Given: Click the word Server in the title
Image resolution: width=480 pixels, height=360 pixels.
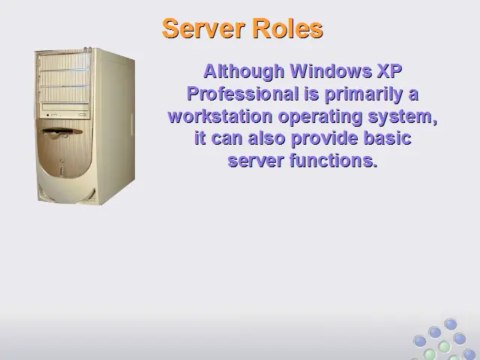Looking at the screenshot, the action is [x=203, y=28].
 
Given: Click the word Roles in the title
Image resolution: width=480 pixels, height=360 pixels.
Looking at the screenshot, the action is [x=288, y=28].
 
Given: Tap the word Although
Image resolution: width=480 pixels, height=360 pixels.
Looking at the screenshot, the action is [x=244, y=72].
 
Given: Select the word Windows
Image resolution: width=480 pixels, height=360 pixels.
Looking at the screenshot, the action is [x=331, y=71].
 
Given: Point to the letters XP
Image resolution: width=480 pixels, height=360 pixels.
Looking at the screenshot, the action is [x=390, y=71].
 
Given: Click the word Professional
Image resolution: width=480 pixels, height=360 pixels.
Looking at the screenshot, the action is [x=243, y=94].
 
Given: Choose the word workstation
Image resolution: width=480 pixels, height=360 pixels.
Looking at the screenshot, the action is [x=220, y=117].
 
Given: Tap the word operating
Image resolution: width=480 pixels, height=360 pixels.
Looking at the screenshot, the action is [x=320, y=118].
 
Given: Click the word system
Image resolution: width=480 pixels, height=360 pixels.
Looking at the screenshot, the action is [x=402, y=118].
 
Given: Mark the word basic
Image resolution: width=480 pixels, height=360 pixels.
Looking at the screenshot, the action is [x=387, y=138].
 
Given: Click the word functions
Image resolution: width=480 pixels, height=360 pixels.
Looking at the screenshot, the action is [x=333, y=160].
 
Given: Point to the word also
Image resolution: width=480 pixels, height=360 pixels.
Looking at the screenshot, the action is [x=267, y=138].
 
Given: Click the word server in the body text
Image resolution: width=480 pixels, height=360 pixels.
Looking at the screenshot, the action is [x=256, y=161].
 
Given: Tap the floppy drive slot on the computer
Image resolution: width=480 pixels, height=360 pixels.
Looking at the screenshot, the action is [x=61, y=132].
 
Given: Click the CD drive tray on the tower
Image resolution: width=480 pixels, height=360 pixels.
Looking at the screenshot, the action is [x=65, y=107].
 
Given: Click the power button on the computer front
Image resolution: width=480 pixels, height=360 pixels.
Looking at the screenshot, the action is [x=61, y=170].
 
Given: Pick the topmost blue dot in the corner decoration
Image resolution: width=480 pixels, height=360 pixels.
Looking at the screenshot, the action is [x=451, y=325].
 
